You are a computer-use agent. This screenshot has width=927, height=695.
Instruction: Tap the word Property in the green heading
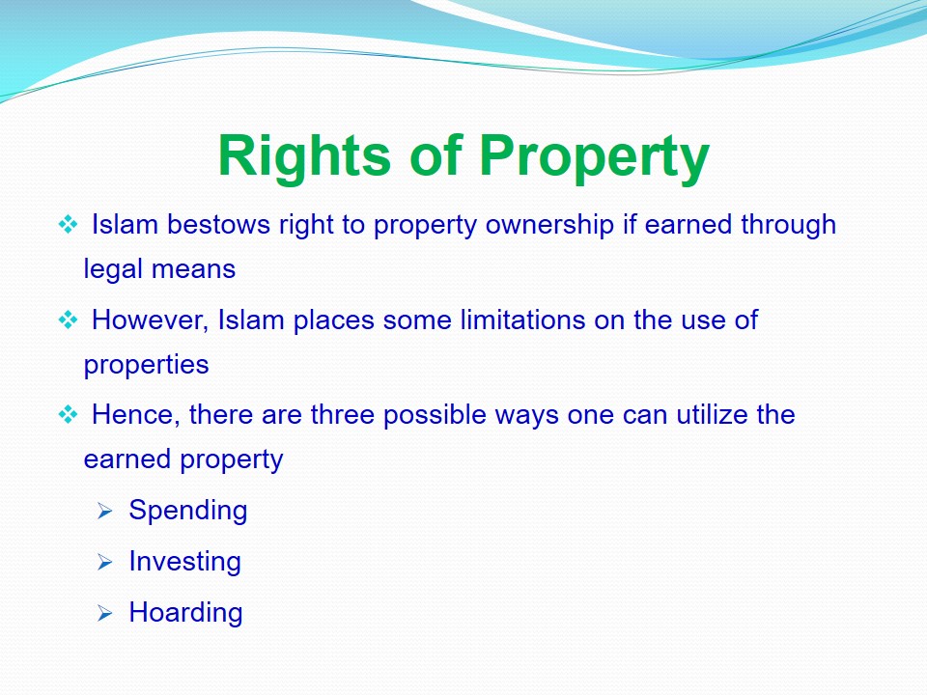pos(594,156)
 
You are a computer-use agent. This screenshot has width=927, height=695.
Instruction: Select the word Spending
pos(188,511)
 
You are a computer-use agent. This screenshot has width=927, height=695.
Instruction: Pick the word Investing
pos(185,562)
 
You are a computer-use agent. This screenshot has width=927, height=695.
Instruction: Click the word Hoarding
pos(185,612)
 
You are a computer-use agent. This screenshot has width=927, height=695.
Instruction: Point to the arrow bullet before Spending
pos(104,511)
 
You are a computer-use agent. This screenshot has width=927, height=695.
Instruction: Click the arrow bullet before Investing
pos(104,562)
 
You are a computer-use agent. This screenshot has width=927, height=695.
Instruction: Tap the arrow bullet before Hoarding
pos(104,613)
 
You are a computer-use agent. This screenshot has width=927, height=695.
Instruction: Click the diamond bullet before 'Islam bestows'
pos(68,225)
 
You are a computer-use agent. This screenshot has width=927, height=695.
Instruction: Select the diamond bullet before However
pos(68,320)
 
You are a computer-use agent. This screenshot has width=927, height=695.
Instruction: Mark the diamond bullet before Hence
pos(68,415)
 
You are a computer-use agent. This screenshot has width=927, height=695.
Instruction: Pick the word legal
pos(114,270)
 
